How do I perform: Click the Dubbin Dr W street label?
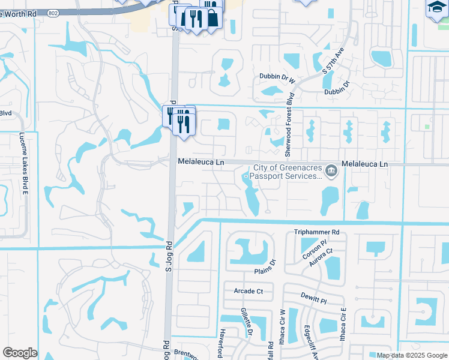[x=277, y=77]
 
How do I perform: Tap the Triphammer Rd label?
[x=317, y=232]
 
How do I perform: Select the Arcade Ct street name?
[x=248, y=291]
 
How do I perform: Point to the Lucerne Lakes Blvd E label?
[x=25, y=163]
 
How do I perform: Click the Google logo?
[x=20, y=353]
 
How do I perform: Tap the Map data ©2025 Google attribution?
[x=412, y=355]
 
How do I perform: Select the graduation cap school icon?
[x=436, y=8]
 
